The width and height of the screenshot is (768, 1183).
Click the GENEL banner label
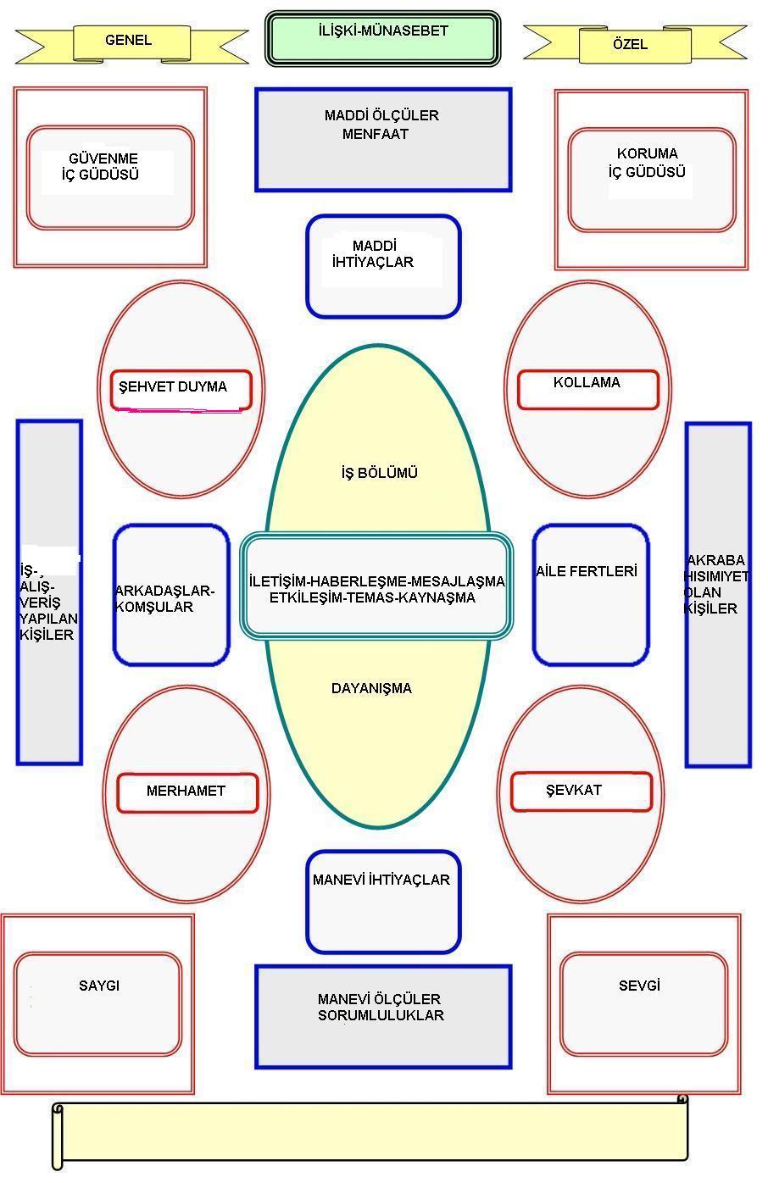(128, 41)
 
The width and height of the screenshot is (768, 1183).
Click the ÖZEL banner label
(630, 44)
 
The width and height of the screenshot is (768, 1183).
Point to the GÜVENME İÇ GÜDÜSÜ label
(106, 168)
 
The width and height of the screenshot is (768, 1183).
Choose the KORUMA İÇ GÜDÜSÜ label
(648, 163)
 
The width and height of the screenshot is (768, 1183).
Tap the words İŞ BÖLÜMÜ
(379, 473)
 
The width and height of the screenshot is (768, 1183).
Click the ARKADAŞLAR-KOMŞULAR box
(171, 595)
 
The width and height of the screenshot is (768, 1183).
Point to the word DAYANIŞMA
(371, 688)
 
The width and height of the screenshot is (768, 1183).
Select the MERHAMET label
(186, 791)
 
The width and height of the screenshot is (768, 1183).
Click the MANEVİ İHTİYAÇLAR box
(383, 901)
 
